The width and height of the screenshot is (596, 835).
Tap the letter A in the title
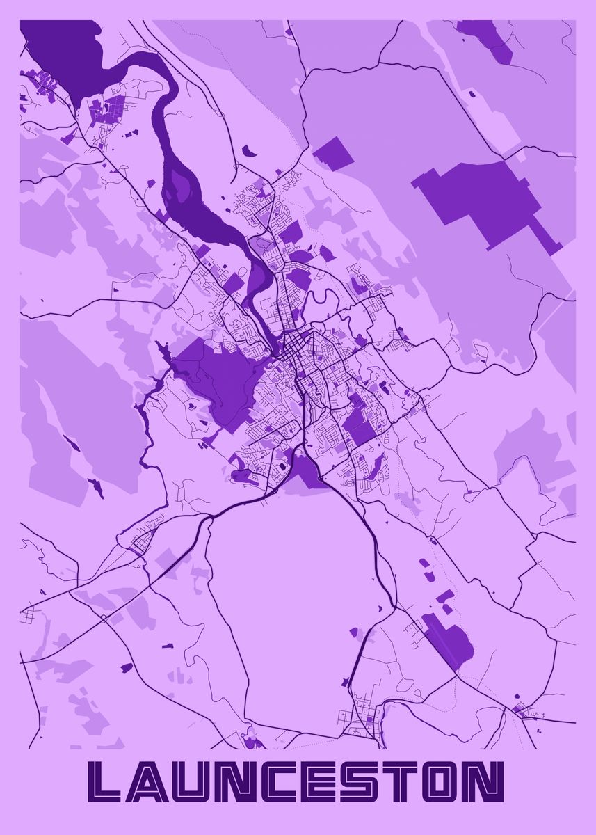coord(154,782)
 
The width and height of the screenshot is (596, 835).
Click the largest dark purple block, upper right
coord(487,198)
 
